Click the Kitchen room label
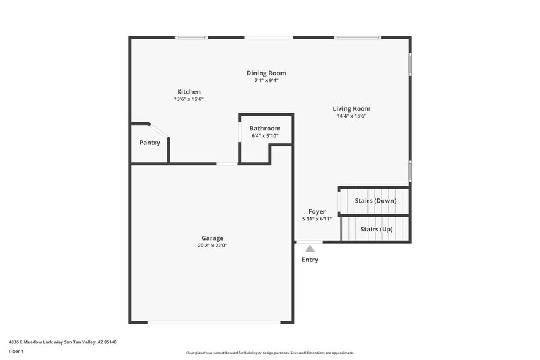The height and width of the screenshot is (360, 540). coord(189,92)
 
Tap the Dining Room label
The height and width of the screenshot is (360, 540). coord(266,73)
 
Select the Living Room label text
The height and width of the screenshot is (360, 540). coord(351,108)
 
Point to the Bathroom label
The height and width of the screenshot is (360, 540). coord(264,129)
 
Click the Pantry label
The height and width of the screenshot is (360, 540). coord(149,143)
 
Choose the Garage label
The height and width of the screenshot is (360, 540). coord(212,238)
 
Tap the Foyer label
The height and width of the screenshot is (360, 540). coord(317,212)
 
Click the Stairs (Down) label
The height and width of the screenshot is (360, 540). coord(375,200)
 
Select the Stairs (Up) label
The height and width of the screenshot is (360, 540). coord(377,229)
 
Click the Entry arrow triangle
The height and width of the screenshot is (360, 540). coord(310,249)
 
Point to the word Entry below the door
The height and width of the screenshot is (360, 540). coord(310,260)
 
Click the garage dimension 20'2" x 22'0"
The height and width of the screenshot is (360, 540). coord(212,246)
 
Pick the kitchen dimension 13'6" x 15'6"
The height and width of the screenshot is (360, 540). coord(189,99)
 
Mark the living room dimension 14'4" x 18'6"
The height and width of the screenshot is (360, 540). coord(351,116)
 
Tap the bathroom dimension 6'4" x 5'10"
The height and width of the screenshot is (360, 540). coord(264,136)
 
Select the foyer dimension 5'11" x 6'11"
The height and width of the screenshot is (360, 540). coord(317,219)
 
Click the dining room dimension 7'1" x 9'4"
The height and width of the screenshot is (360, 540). coord(266,80)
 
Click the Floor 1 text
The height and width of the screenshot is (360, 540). coord(17,351)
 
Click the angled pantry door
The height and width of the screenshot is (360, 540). coord(159,130)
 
